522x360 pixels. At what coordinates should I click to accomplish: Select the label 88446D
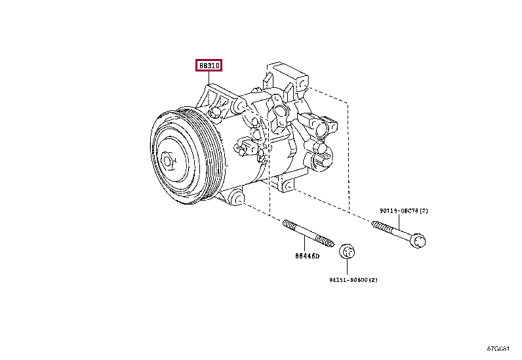pyautogui.click(x=306, y=256)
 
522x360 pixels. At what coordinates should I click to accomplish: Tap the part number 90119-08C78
pyautogui.click(x=397, y=210)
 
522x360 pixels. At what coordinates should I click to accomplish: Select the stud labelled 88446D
pyautogui.click(x=308, y=232)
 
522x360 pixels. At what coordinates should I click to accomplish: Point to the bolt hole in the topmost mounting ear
pyautogui.click(x=302, y=84)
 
